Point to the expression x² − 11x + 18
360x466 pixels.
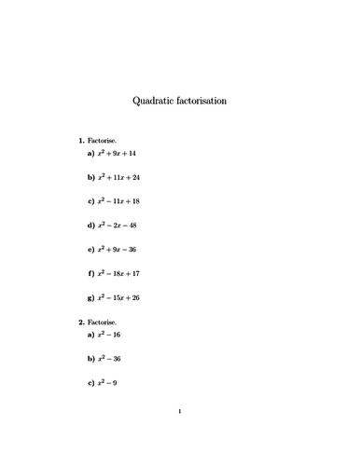(x=120, y=200)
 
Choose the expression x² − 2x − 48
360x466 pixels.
(x=118, y=225)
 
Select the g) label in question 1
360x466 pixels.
(x=91, y=297)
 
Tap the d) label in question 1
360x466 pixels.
(x=91, y=225)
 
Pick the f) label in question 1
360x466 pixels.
(x=91, y=273)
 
